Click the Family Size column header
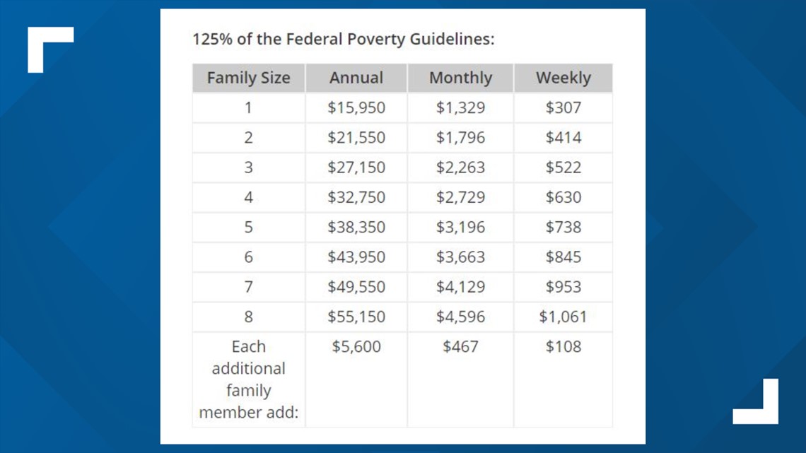coord(248,78)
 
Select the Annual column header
coord(356,78)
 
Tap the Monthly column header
coord(460,78)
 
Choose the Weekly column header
coord(563,78)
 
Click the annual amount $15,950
coord(356,107)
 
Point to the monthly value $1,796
coord(460,137)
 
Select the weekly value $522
coord(563,167)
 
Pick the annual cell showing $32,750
coord(356,197)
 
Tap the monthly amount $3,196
coord(460,227)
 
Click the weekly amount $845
coord(563,257)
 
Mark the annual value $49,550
coord(356,287)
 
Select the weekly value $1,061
coord(563,317)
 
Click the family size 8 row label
coord(248,317)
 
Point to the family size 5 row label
coord(248,227)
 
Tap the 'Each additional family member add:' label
coord(248,379)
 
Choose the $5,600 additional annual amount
coord(356,346)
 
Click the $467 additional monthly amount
coord(460,346)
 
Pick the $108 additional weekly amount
coord(563,346)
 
